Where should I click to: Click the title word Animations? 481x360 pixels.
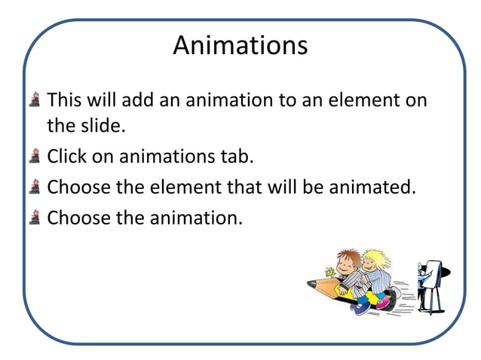click(240, 45)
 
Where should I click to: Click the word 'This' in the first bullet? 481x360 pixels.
click(63, 99)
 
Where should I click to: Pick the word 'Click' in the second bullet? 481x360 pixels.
click(66, 157)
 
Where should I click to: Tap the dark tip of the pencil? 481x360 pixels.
click(311, 283)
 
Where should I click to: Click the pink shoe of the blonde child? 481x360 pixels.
click(383, 301)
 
